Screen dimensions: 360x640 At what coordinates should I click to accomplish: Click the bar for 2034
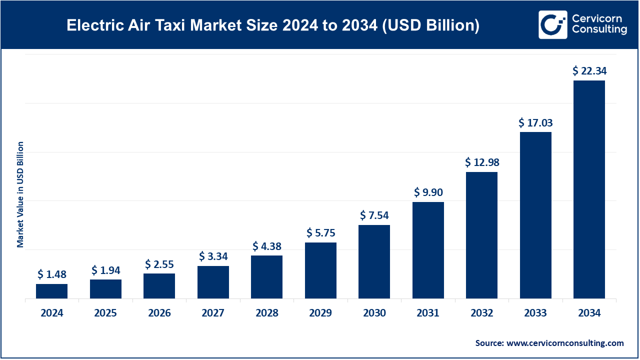pos(589,190)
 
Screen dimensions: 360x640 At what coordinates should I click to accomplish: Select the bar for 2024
pos(52,291)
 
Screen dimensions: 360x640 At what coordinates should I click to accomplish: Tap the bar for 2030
pos(374,261)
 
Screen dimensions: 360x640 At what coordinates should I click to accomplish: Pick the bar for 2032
pos(481,235)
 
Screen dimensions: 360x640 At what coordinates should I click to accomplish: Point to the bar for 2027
pos(213,282)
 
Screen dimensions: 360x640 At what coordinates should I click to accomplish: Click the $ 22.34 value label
pos(589,71)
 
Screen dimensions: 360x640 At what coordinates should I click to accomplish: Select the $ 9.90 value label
pos(428,192)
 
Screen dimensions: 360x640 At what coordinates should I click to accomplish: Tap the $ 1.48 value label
pos(52,274)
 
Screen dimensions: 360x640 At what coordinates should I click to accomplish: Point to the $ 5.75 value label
pos(320,232)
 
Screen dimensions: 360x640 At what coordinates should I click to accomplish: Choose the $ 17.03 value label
pos(535,122)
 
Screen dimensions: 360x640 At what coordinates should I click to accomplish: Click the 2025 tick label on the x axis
pos(105,313)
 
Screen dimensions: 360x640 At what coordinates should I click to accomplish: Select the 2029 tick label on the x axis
pos(320,313)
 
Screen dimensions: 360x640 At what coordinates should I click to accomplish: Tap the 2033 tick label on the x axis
pos(535,313)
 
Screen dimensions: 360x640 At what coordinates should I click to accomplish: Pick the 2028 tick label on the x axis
pos(267,313)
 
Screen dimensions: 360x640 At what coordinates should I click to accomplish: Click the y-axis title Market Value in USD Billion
pos(20,194)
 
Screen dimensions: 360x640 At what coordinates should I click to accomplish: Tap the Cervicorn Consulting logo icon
pos(552,24)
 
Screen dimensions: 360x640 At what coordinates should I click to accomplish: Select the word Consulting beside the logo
pos(599,30)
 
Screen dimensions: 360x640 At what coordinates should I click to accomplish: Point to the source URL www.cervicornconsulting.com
pos(565,343)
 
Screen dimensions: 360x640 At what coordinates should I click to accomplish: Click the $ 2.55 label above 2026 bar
pos(159,264)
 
